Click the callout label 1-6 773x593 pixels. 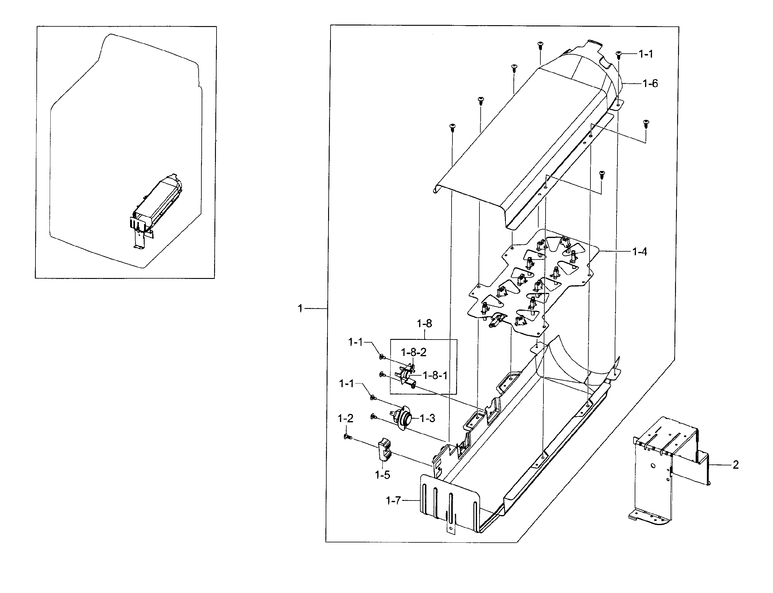coord(650,84)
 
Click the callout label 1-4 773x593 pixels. coord(639,252)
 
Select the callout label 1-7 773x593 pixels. coord(393,500)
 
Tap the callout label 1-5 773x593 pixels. coord(382,475)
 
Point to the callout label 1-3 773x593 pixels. coord(427,418)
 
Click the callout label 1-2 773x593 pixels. coord(345,419)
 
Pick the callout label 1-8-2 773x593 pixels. coord(414,352)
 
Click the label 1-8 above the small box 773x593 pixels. coord(424,323)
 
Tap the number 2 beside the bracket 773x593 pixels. coord(736,465)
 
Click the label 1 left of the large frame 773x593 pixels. coord(300,309)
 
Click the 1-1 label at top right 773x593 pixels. coord(646,54)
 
